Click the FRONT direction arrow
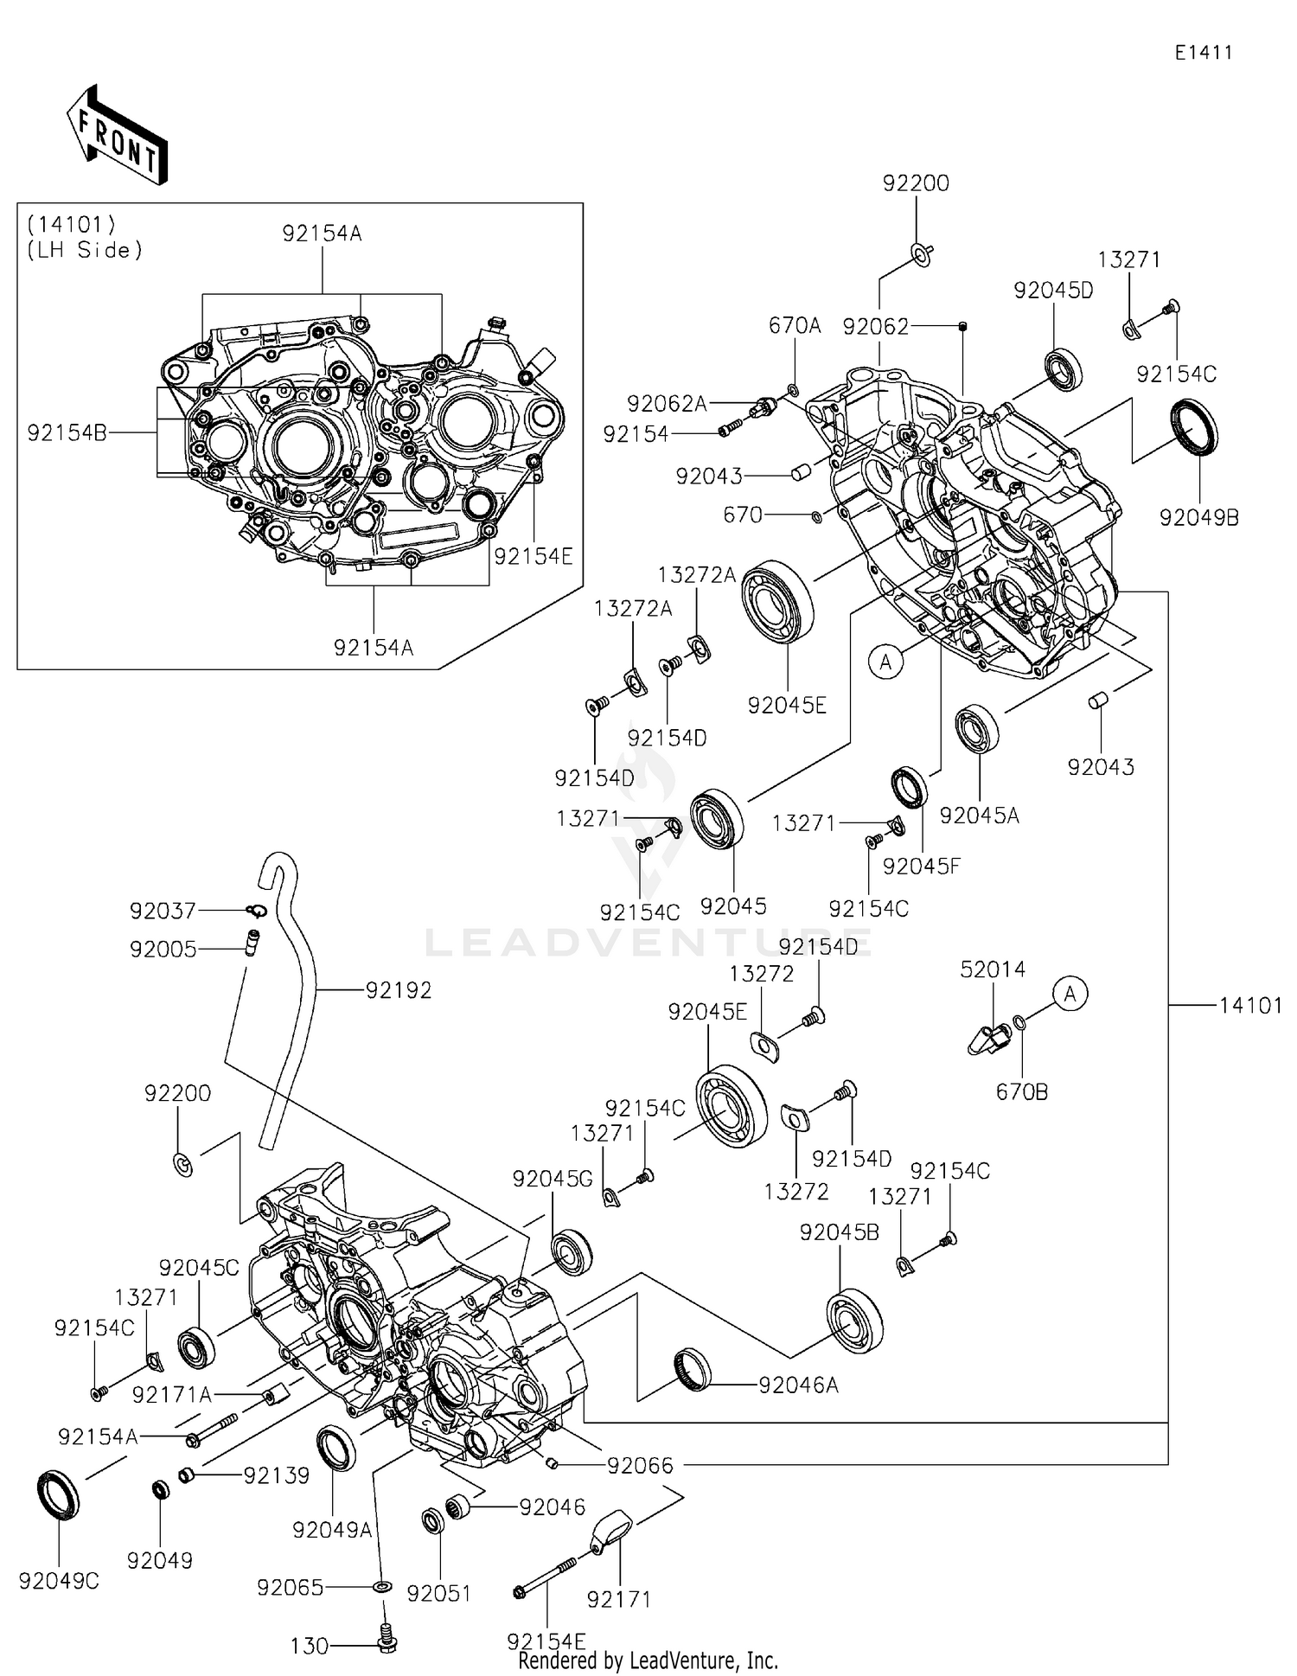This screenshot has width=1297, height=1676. pos(117,136)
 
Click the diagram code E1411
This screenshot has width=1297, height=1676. pos(1203,53)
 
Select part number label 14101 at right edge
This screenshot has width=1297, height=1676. pos(1250,1005)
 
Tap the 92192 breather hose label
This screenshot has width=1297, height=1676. pos(399,990)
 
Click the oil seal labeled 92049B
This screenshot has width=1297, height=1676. pos(1194,427)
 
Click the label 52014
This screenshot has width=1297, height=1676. pos(993,969)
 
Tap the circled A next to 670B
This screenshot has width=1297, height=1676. pos(1070,995)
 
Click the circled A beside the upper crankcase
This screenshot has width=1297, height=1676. pos(885,662)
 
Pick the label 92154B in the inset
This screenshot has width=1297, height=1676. pos(67,433)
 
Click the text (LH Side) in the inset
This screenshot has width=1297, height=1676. pos(85,251)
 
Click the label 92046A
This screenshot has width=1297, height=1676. pos(798,1385)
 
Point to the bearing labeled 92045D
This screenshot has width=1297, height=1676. pos(1063,368)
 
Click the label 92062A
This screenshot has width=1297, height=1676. pos(667,404)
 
